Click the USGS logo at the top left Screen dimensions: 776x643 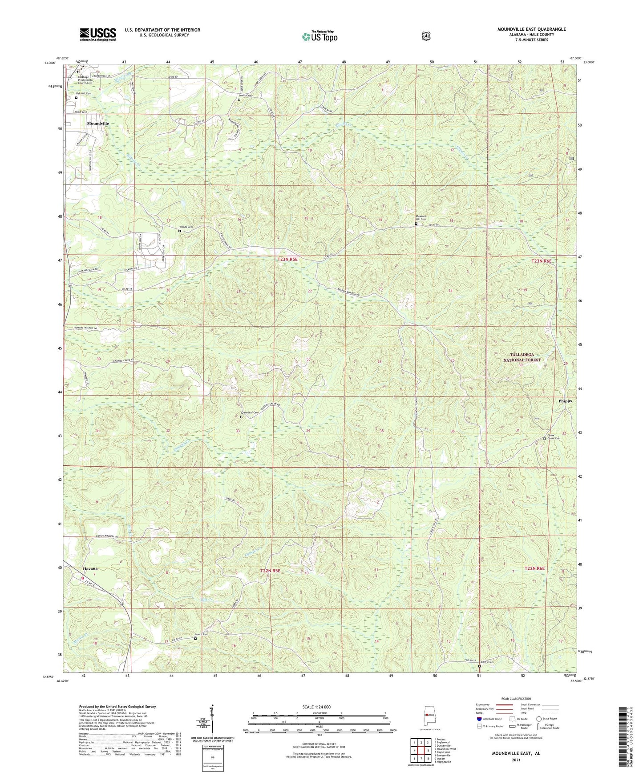click(x=98, y=34)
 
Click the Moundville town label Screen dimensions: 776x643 click(x=98, y=123)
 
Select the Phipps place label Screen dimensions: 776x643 click(x=565, y=400)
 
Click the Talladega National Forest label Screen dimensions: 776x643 click(x=522, y=357)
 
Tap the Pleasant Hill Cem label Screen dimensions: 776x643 click(x=421, y=218)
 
